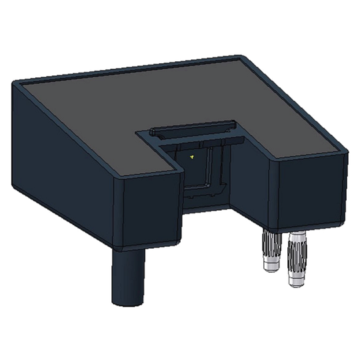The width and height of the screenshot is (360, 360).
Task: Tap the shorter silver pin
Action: coord(271,250)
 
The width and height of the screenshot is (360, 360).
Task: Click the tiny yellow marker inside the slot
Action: coord(191,157)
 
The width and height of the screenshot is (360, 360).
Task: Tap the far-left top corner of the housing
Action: coord(14,81)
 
